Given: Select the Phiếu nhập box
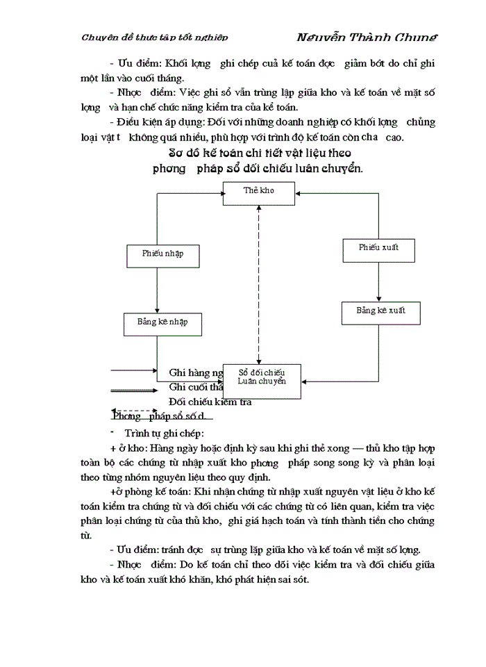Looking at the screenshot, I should tap(162, 254).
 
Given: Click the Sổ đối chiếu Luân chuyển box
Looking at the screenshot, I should tap(262, 381).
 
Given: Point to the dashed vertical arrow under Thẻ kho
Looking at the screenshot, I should tap(259, 285).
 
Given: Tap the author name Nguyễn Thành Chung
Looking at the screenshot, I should tap(366, 38).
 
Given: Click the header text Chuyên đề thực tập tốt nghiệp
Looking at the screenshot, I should tap(154, 38).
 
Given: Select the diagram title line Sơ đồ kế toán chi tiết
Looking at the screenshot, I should tap(260, 152).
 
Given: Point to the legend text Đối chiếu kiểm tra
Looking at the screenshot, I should tap(210, 402).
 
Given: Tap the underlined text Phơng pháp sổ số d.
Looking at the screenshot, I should tap(161, 417).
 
